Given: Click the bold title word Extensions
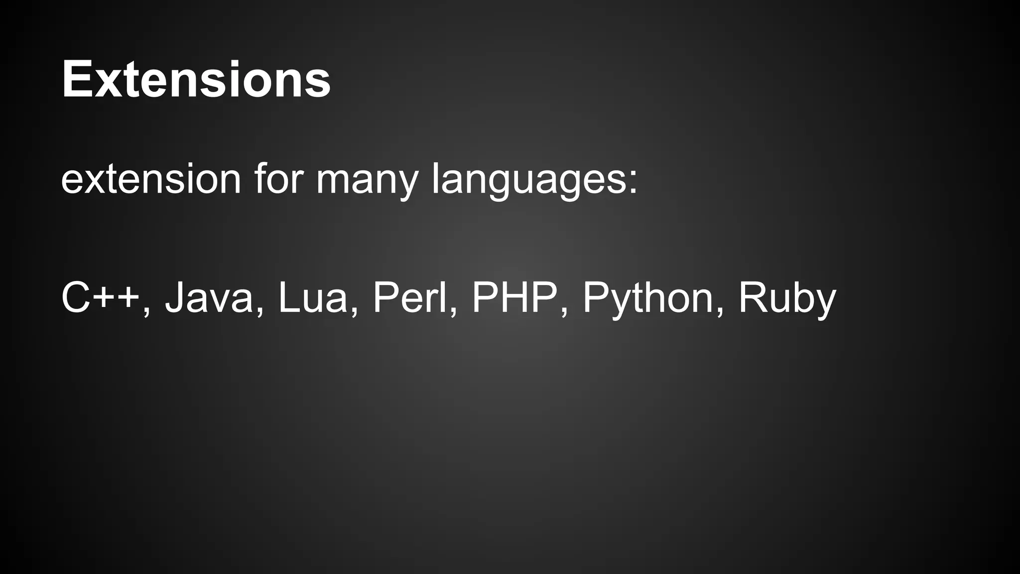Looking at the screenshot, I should (196, 79).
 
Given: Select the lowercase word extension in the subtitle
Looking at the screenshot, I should (151, 179).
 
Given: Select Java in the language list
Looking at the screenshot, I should (209, 298).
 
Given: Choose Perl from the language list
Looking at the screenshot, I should (409, 298).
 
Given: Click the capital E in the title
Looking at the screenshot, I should (75, 79).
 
